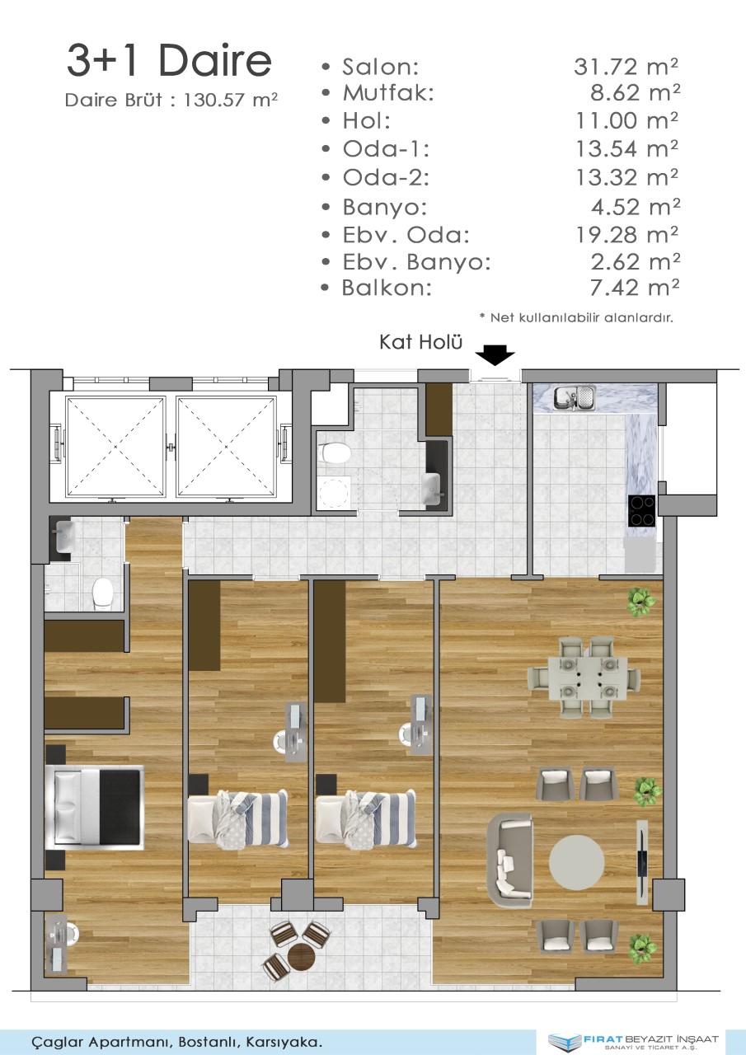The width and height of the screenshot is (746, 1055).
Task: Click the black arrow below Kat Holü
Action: coord(495,354)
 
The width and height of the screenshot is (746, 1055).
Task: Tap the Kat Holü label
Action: coord(420,342)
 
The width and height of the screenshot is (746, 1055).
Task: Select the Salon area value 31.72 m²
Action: coord(626,67)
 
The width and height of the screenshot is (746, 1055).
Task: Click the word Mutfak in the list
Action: coord(388,93)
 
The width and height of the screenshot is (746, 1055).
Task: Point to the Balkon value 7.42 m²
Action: coord(635,288)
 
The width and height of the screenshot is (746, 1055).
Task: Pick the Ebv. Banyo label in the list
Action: coord(417,261)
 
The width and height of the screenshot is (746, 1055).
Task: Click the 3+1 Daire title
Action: coord(170,60)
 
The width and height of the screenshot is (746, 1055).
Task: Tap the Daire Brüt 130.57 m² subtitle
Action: coord(171,100)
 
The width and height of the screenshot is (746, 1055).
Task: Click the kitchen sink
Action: coord(574,397)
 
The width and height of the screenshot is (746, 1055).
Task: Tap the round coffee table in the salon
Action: coord(576,863)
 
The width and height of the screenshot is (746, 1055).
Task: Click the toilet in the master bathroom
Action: coord(102,595)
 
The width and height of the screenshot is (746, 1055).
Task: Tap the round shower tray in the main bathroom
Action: coord(335,492)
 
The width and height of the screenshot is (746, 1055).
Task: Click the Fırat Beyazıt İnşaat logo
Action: coord(634,1041)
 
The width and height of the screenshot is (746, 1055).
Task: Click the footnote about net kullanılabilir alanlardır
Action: coord(576,317)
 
